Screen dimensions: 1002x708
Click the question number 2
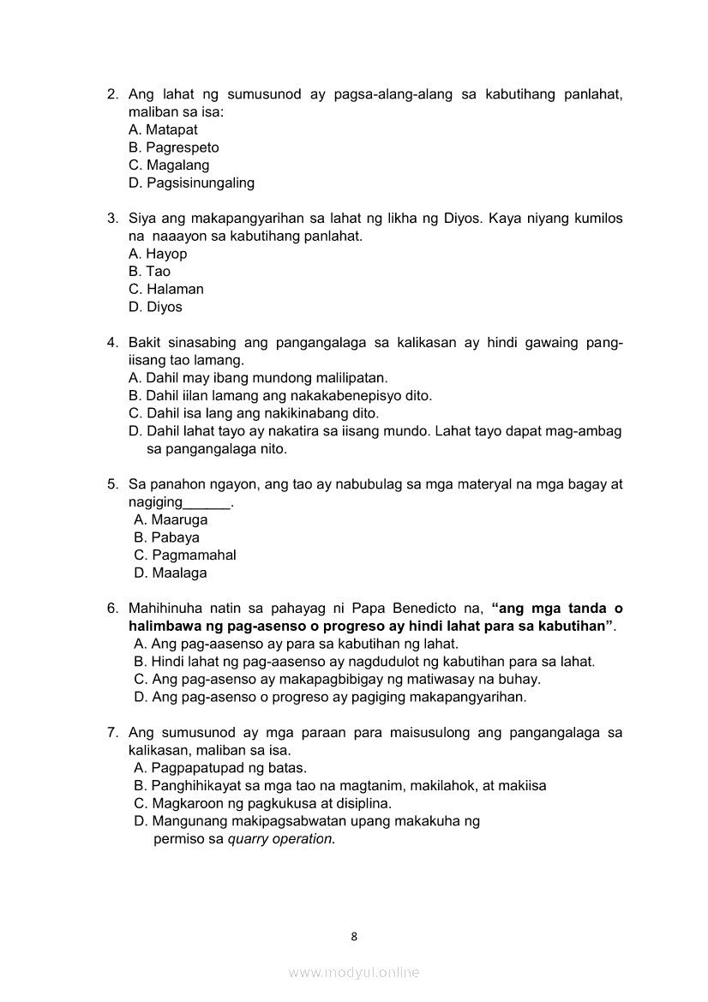pyautogui.click(x=111, y=94)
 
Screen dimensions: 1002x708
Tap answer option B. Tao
pyautogui.click(x=149, y=272)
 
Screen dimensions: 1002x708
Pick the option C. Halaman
pyautogui.click(x=165, y=289)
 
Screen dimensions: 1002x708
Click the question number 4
pyautogui.click(x=111, y=343)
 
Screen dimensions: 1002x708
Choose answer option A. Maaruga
pyautogui.click(x=171, y=519)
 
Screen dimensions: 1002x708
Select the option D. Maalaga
pyautogui.click(x=171, y=573)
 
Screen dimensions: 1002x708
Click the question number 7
pyautogui.click(x=111, y=732)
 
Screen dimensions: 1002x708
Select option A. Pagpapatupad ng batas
pyautogui.click(x=220, y=768)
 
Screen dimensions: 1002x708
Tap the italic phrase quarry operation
pyautogui.click(x=280, y=839)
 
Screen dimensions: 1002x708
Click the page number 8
pyautogui.click(x=354, y=936)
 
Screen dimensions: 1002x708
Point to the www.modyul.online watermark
pyautogui.click(x=354, y=972)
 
